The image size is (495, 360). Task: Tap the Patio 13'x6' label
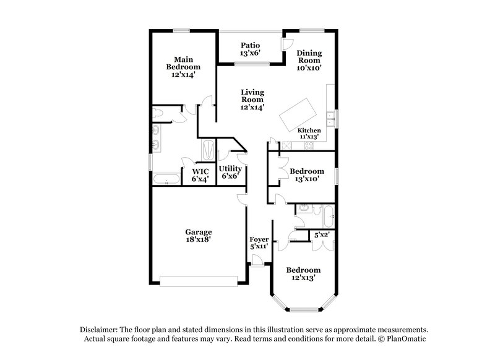[250, 49]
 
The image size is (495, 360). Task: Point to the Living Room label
[252, 100]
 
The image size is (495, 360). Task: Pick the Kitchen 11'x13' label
[309, 134]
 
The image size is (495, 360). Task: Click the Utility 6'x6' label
[230, 172]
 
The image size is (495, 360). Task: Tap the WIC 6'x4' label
[200, 175]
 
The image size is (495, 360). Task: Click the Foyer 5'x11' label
[258, 243]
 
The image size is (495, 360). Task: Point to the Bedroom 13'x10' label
[307, 175]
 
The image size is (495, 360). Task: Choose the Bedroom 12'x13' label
[303, 274]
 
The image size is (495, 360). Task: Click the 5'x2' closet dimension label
[321, 235]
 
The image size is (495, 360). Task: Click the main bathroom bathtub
[166, 180]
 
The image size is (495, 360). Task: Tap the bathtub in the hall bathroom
[325, 216]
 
